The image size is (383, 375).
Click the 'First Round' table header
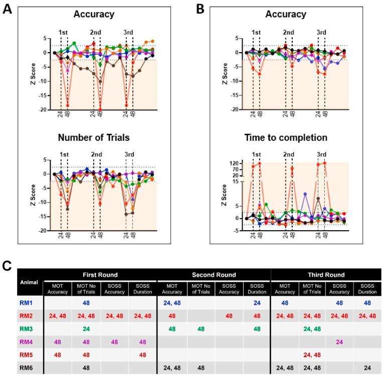click(100, 276)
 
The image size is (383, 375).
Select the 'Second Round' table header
click(214, 276)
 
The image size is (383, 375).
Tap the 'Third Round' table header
click(326, 276)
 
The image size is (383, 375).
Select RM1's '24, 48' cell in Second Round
click(171, 302)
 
